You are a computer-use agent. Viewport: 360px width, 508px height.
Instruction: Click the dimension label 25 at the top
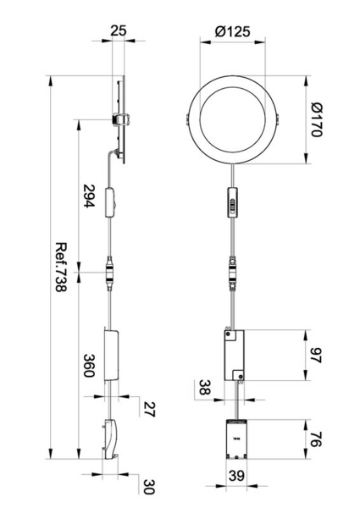[118, 30]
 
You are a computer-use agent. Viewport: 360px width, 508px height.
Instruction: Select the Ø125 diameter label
[232, 30]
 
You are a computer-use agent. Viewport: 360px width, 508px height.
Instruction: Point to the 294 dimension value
[89, 196]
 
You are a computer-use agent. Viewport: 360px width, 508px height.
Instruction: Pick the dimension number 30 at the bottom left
[149, 487]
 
